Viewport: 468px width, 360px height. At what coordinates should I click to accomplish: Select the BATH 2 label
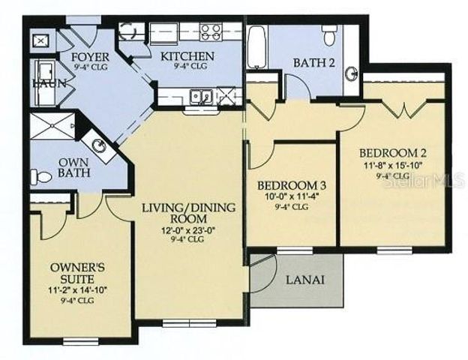tap(313, 62)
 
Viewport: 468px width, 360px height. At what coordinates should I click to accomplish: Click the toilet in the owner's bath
tap(40, 178)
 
